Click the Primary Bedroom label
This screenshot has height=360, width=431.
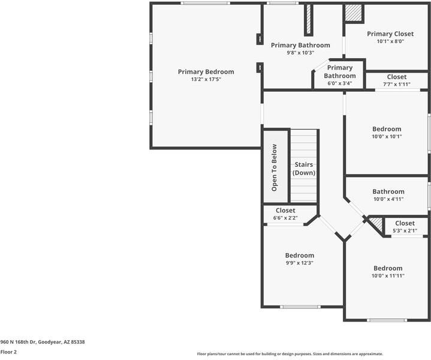tap(206, 72)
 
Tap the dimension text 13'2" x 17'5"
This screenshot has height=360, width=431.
tap(206, 80)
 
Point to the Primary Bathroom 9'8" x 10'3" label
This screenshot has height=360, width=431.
tap(300, 46)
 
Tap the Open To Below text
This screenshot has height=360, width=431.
tap(274, 167)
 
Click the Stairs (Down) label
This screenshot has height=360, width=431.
tap(304, 169)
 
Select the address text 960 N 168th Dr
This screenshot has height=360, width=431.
tap(42, 341)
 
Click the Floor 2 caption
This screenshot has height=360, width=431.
tap(8, 352)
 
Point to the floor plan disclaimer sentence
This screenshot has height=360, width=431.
tap(290, 354)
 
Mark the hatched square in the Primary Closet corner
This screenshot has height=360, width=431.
tap(354, 13)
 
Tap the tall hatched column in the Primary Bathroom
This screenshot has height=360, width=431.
tap(309, 20)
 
